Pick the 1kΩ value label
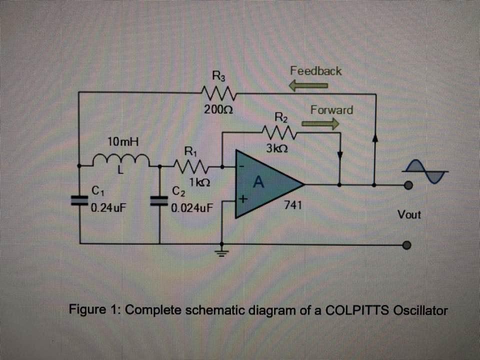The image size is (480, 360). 198,183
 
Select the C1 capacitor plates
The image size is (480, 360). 80,200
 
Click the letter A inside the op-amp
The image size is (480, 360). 258,182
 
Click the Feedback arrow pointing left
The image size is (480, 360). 309,85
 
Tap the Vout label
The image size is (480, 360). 409,214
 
